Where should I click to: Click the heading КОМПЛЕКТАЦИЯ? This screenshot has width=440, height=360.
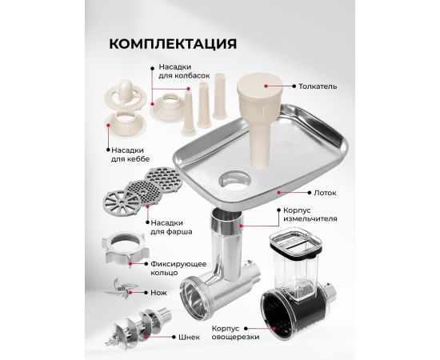pos(173,44)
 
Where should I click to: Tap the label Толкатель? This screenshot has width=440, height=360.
pos(318,86)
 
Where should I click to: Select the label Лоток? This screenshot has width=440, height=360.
pos(325,193)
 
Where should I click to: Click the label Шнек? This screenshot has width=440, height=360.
pos(189,337)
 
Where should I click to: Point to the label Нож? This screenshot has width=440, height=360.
pos(158,293)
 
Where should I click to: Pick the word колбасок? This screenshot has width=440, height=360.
pos(194,76)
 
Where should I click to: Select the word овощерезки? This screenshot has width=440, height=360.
pos(235,337)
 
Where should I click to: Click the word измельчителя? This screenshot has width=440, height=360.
pos(310,219)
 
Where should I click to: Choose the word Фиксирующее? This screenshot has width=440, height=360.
pos(178,264)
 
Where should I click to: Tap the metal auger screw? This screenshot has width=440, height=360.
pos(139,327)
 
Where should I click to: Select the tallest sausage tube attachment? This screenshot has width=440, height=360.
pos(219,96)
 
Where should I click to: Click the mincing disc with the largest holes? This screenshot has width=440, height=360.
pos(163,179)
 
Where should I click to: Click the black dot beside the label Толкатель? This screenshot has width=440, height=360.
pos(294,86)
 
